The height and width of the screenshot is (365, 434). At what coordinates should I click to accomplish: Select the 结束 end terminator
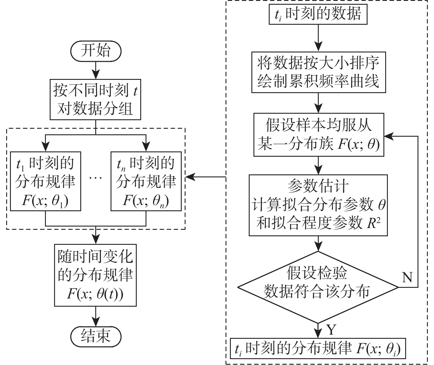(96, 335)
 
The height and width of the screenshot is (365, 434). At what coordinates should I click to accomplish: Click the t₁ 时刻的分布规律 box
(45, 181)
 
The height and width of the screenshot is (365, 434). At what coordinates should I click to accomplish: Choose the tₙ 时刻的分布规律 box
(146, 181)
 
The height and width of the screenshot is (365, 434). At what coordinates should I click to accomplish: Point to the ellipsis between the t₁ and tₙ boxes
(96, 179)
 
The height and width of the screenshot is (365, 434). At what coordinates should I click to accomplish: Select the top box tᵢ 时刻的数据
(318, 14)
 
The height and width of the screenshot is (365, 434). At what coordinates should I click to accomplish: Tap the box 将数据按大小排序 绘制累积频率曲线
(318, 73)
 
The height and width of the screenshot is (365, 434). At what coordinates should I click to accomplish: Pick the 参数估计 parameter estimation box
(318, 205)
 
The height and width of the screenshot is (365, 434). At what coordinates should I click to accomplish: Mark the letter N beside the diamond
(407, 277)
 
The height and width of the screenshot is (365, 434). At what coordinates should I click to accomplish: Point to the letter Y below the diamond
(331, 330)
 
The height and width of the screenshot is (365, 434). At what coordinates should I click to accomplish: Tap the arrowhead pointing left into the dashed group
(189, 177)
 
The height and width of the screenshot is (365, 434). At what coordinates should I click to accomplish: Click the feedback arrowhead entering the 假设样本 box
(389, 136)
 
